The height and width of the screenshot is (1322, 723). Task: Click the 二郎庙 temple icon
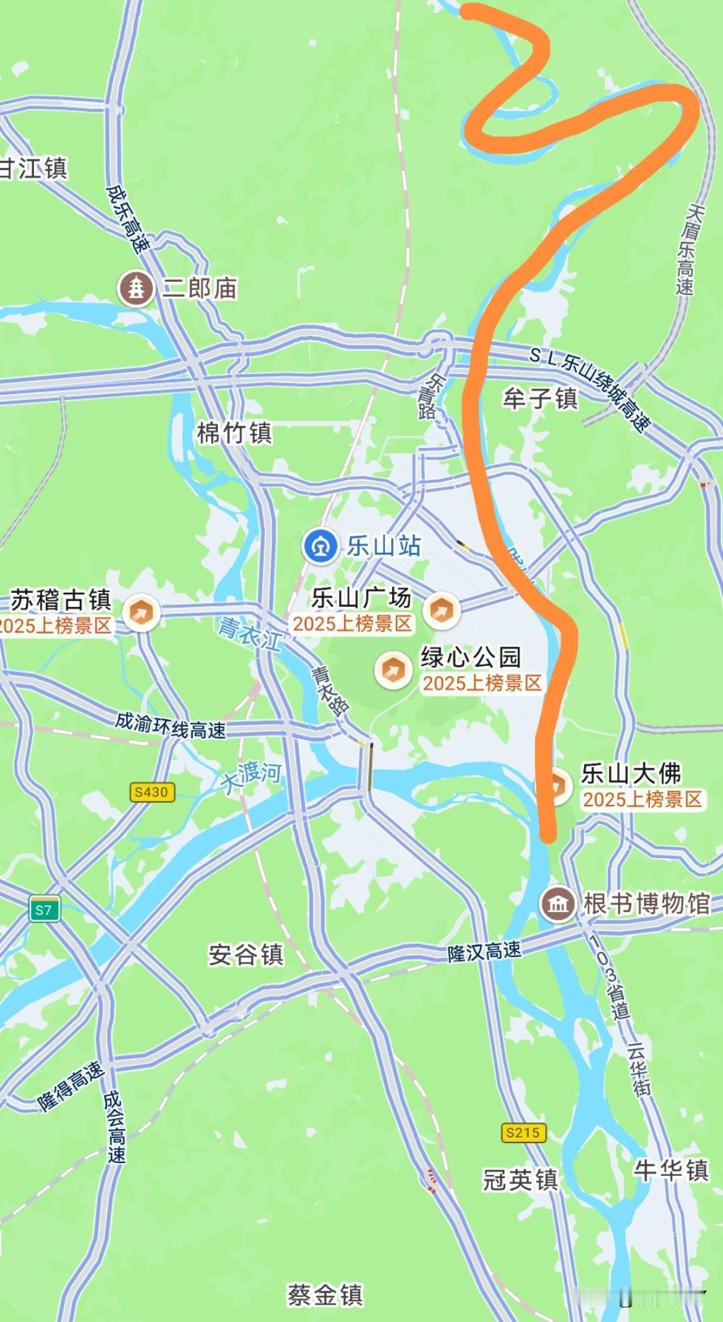click(136, 288)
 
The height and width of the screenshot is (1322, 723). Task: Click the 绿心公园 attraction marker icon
click(393, 669)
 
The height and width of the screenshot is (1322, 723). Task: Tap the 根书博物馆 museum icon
click(557, 904)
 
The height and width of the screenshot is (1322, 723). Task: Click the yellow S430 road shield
click(152, 792)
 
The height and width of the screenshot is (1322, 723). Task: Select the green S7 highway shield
click(44, 910)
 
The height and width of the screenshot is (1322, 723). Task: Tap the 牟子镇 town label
click(540, 398)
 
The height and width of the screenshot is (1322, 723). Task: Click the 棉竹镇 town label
click(235, 433)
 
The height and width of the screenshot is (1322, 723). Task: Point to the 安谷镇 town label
click(246, 954)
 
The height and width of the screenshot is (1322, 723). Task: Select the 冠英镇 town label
click(520, 1179)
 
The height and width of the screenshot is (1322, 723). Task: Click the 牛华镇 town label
click(671, 1170)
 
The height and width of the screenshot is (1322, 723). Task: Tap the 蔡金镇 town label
click(325, 1294)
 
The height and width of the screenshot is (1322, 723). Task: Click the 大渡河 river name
click(252, 778)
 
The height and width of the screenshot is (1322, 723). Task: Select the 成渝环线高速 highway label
click(171, 725)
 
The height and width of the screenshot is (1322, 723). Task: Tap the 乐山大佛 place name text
click(631, 773)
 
